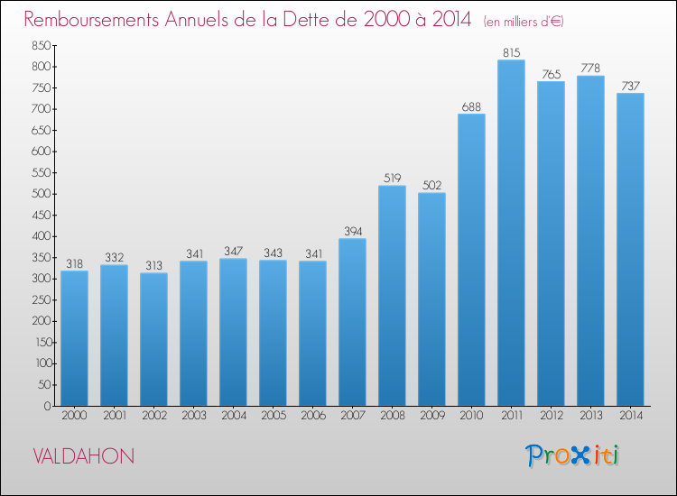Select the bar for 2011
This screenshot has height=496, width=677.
[x=511, y=233]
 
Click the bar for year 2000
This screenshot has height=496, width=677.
[x=74, y=338]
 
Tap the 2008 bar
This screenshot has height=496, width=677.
[x=392, y=296]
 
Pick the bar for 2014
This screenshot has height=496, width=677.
[x=630, y=249]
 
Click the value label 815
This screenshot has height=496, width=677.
[x=512, y=52]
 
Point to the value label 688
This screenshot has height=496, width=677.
[x=471, y=106]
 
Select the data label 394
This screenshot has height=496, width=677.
[x=353, y=232]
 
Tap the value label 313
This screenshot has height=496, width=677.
[x=153, y=265]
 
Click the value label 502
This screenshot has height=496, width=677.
[x=431, y=186]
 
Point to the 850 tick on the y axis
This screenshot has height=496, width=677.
[x=41, y=45]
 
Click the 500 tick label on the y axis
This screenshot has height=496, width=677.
[x=41, y=194]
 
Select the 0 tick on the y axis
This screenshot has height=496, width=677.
[x=48, y=406]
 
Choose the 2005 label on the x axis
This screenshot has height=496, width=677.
[x=274, y=415]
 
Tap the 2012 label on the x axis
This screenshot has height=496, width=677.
[x=552, y=415]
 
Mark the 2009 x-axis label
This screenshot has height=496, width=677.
[x=432, y=415]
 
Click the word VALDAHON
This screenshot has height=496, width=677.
[x=84, y=456]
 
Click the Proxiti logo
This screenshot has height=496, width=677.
[x=572, y=455]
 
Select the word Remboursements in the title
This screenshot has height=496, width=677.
[x=91, y=20]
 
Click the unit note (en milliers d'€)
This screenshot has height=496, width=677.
[x=524, y=22]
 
